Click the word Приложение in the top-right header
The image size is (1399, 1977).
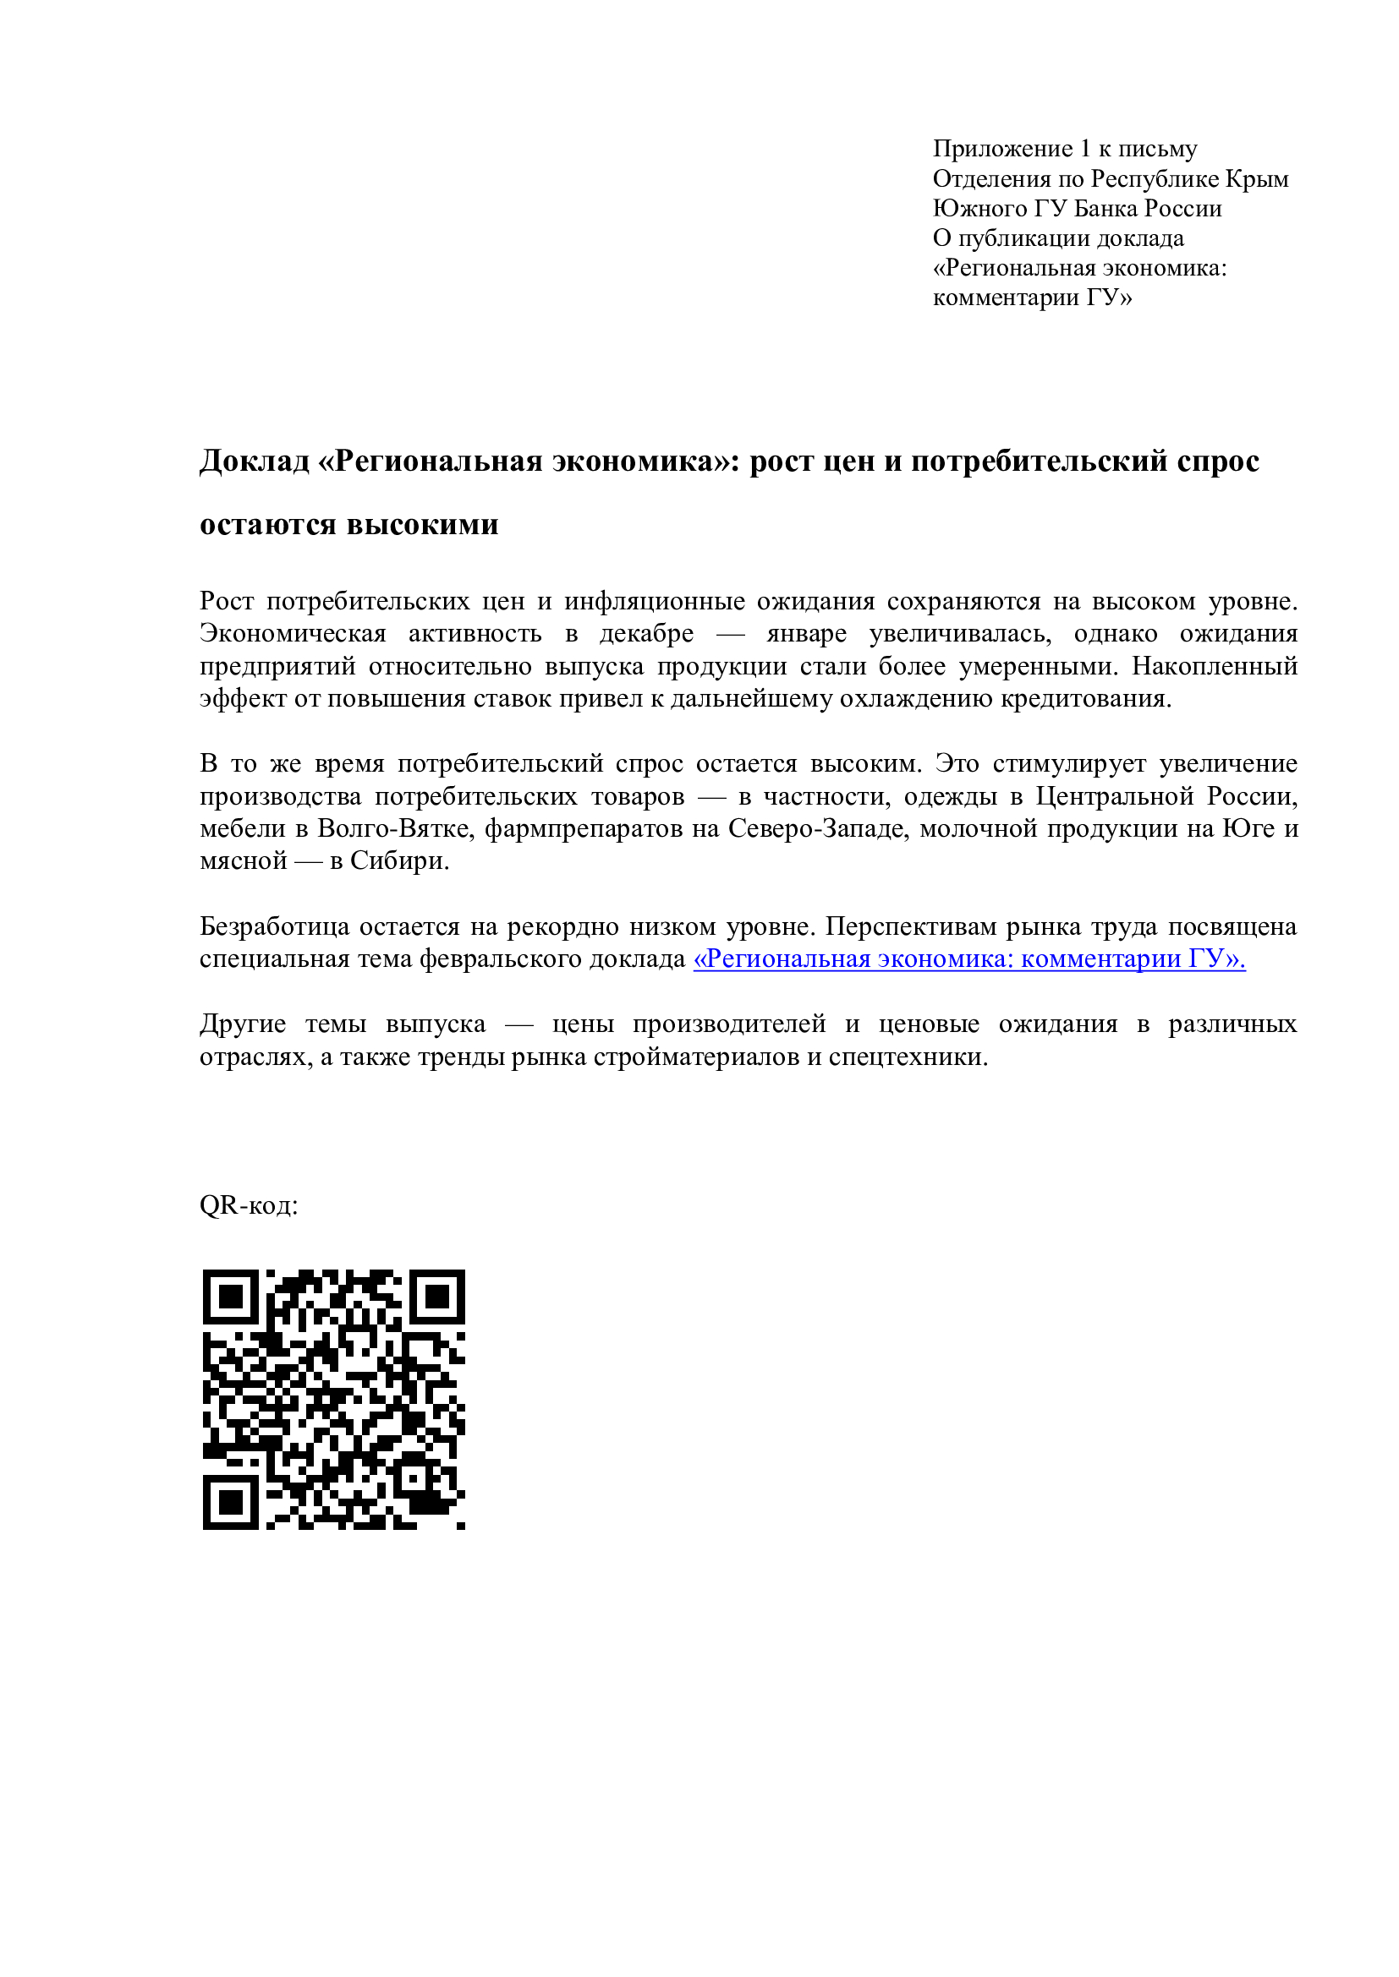click(x=1001, y=149)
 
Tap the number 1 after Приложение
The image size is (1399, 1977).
click(x=1085, y=149)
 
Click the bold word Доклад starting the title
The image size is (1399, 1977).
click(x=254, y=461)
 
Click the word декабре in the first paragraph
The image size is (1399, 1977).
click(x=646, y=634)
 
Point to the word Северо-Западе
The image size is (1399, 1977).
click(x=819, y=828)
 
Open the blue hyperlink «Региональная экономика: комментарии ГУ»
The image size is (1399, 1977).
click(x=969, y=959)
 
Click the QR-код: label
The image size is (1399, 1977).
click(x=249, y=1205)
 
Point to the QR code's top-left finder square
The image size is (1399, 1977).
click(x=230, y=1297)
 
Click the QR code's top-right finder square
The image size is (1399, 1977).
click(x=436, y=1297)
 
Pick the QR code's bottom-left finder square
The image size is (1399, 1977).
click(x=230, y=1503)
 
